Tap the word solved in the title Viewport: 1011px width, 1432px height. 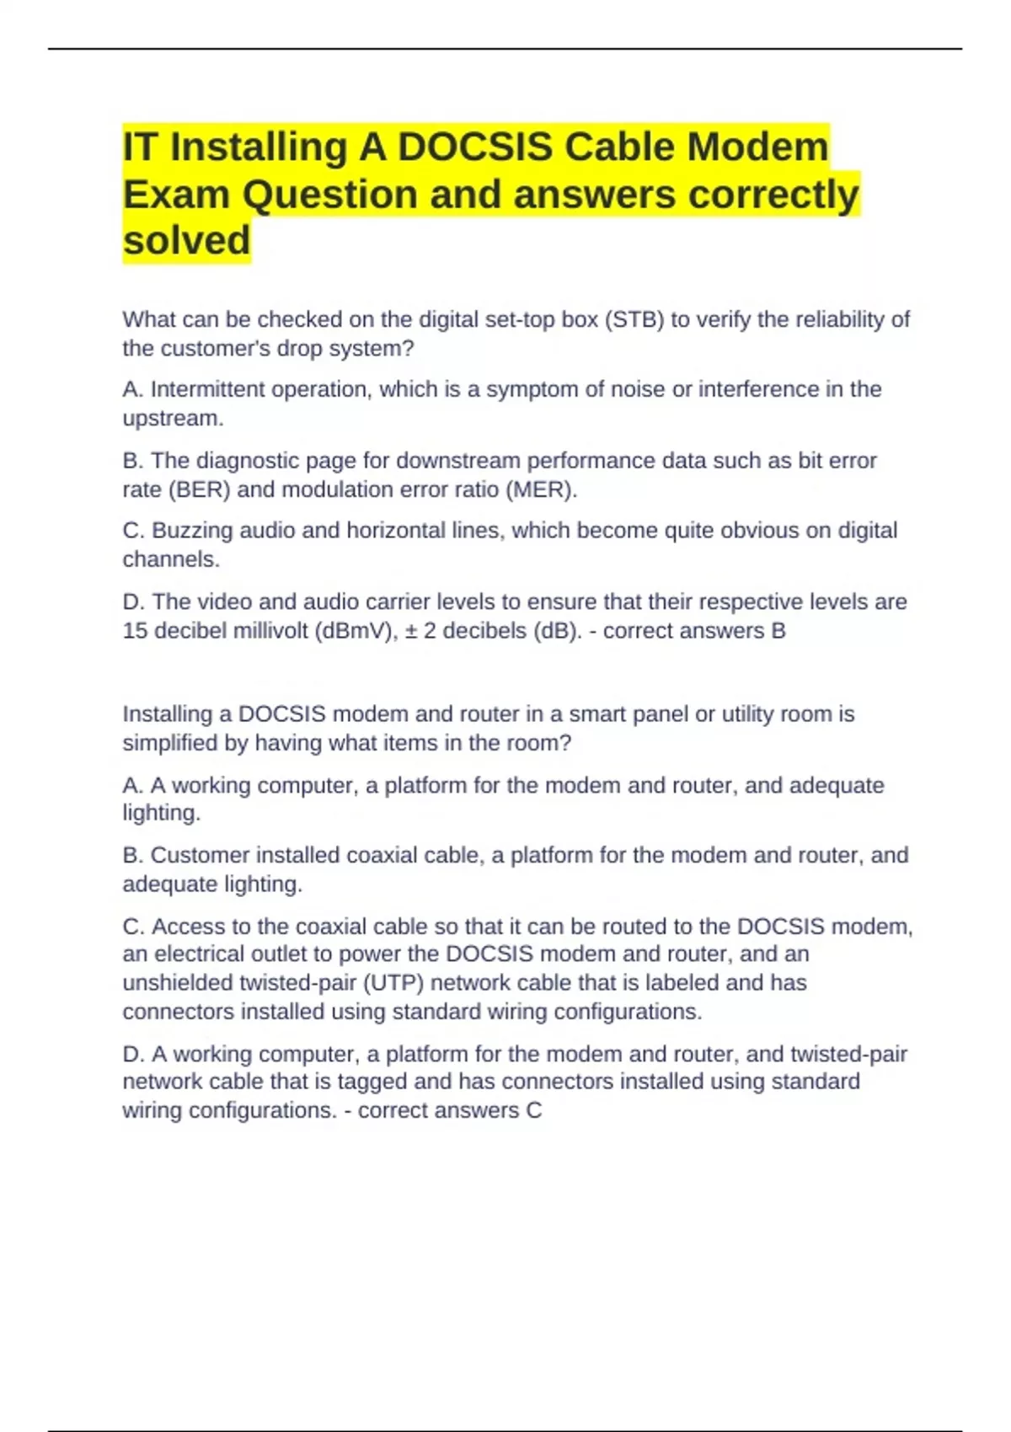click(186, 240)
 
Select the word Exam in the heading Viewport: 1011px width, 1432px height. click(176, 195)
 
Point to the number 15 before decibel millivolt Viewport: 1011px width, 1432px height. click(135, 630)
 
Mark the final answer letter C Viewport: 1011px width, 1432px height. click(534, 1110)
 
